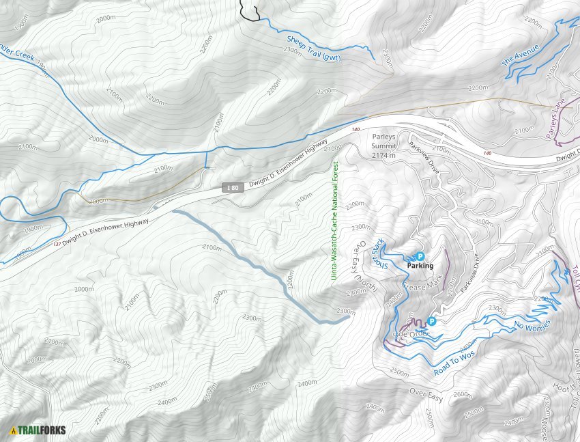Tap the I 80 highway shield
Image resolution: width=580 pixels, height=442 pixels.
[233, 187]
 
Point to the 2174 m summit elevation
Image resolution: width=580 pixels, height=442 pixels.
[388, 156]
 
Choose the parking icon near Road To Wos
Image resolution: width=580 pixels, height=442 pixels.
[431, 320]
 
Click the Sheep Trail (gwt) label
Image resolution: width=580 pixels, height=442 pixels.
[313, 49]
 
